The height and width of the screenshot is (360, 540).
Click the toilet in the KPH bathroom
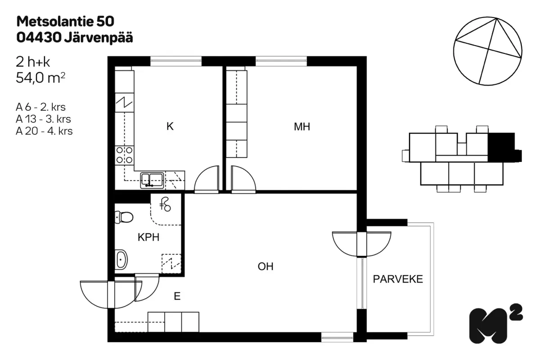124,217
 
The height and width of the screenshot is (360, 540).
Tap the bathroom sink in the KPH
121,260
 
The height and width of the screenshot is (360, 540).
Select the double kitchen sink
152,180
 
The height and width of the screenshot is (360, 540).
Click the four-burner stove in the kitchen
124,155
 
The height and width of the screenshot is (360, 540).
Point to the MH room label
302,127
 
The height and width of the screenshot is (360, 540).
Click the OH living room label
265,267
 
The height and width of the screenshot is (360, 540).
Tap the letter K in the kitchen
170,126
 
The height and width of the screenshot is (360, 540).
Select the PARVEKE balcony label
398,279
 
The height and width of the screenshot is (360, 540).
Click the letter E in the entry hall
177,296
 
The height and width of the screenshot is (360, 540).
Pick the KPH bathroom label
148,238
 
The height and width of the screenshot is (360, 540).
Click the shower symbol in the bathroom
166,204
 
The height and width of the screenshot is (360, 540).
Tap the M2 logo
495,324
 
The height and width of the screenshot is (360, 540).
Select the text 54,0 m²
40,78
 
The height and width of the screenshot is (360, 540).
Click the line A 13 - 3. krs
43,119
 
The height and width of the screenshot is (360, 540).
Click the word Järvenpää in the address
99,38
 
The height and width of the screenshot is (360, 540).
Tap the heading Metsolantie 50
65,22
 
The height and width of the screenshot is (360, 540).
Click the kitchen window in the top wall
176,61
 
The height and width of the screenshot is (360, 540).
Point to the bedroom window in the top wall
281,61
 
